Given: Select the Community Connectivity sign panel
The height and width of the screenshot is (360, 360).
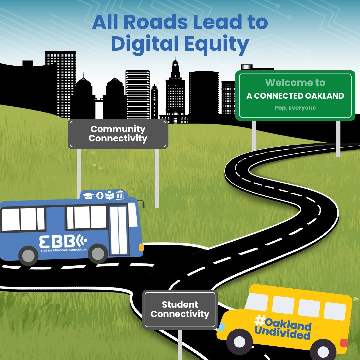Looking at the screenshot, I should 118,134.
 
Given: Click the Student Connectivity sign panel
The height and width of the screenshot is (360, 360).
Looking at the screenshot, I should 180,309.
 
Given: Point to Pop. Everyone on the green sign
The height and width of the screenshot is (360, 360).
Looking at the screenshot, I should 295,108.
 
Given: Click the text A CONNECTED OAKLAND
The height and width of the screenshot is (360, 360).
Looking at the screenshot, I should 295,96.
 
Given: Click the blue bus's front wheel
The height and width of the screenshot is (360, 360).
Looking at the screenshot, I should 98,254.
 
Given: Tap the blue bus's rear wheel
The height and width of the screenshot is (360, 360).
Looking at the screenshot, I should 28,256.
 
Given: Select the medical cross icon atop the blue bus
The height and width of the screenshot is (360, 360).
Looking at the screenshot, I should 100,195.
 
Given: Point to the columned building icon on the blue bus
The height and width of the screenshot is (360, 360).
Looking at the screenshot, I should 120,195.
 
